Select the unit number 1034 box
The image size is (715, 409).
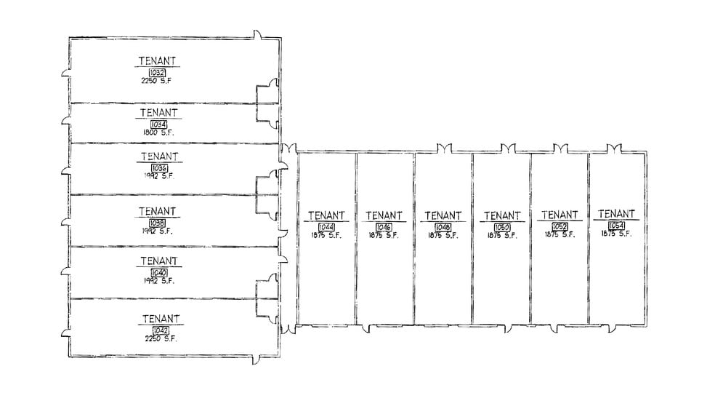tap(158, 125)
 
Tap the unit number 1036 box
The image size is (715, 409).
tap(158, 168)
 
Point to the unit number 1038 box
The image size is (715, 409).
tap(158, 223)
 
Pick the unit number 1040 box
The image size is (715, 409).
tap(158, 272)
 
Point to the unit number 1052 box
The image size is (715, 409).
tap(560, 226)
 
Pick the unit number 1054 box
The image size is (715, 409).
tap(616, 226)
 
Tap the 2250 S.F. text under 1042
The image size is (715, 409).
tap(161, 338)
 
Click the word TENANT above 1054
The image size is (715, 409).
tap(614, 214)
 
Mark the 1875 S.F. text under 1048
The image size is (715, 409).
tap(443, 236)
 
